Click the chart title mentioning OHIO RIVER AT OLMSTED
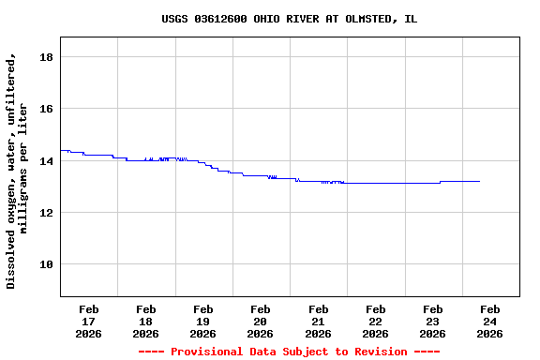point(289,19)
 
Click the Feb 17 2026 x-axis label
point(89,321)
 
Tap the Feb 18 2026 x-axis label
point(146,321)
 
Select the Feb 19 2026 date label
point(203,321)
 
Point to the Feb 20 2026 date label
point(261,321)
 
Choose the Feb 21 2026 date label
point(318,321)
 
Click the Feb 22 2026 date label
point(375,321)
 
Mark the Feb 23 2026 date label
point(432,321)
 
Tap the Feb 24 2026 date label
point(489,321)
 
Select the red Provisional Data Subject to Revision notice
point(289,352)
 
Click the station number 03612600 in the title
point(220,19)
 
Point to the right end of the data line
point(479,181)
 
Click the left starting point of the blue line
point(61,150)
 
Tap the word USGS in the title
point(174,19)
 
